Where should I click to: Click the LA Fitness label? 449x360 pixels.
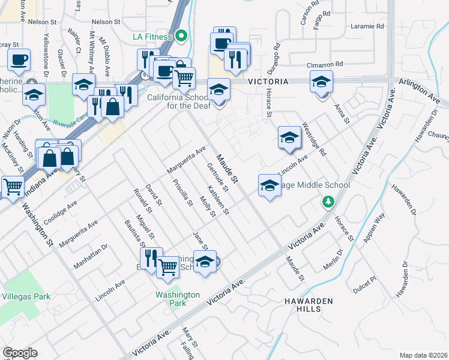[153, 37]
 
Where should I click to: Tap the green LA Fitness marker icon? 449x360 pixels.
[181, 37]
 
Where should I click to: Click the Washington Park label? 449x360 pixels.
[177, 299]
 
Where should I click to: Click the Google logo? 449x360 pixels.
[20, 353]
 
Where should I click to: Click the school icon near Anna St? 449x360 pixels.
[321, 81]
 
